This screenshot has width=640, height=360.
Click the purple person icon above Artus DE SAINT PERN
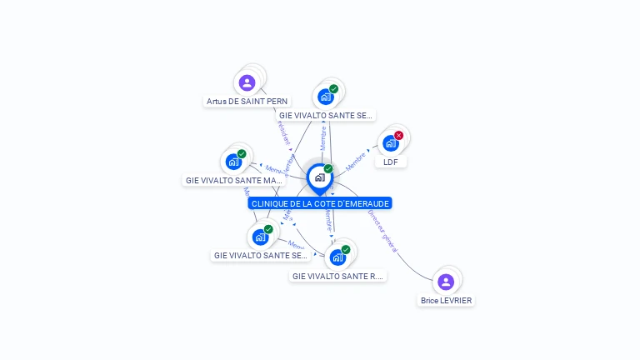tap(247, 82)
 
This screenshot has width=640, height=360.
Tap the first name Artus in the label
tap(217, 102)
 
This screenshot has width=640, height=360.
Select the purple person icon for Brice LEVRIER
tap(446, 282)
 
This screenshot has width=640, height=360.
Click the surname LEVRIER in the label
tap(458, 301)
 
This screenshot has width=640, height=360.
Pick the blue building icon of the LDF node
tap(390, 143)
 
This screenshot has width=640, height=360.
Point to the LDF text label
tap(390, 162)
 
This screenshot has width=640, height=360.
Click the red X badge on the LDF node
tap(398, 135)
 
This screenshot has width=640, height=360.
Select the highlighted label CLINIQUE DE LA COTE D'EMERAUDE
tap(320, 203)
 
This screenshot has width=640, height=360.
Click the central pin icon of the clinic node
tap(319, 177)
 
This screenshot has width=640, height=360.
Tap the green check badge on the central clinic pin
tap(328, 168)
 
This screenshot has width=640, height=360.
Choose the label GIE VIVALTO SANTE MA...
tap(234, 180)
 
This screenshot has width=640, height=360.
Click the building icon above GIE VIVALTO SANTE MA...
tap(233, 162)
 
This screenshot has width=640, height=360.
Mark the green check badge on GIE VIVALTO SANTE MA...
tap(242, 153)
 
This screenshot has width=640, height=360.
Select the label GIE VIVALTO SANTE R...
tap(337, 276)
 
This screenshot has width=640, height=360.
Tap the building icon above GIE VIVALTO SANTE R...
tap(337, 257)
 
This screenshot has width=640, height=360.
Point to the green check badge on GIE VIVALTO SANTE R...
tap(346, 248)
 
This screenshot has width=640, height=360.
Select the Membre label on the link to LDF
tap(357, 160)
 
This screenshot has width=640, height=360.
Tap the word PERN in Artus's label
tap(277, 102)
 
